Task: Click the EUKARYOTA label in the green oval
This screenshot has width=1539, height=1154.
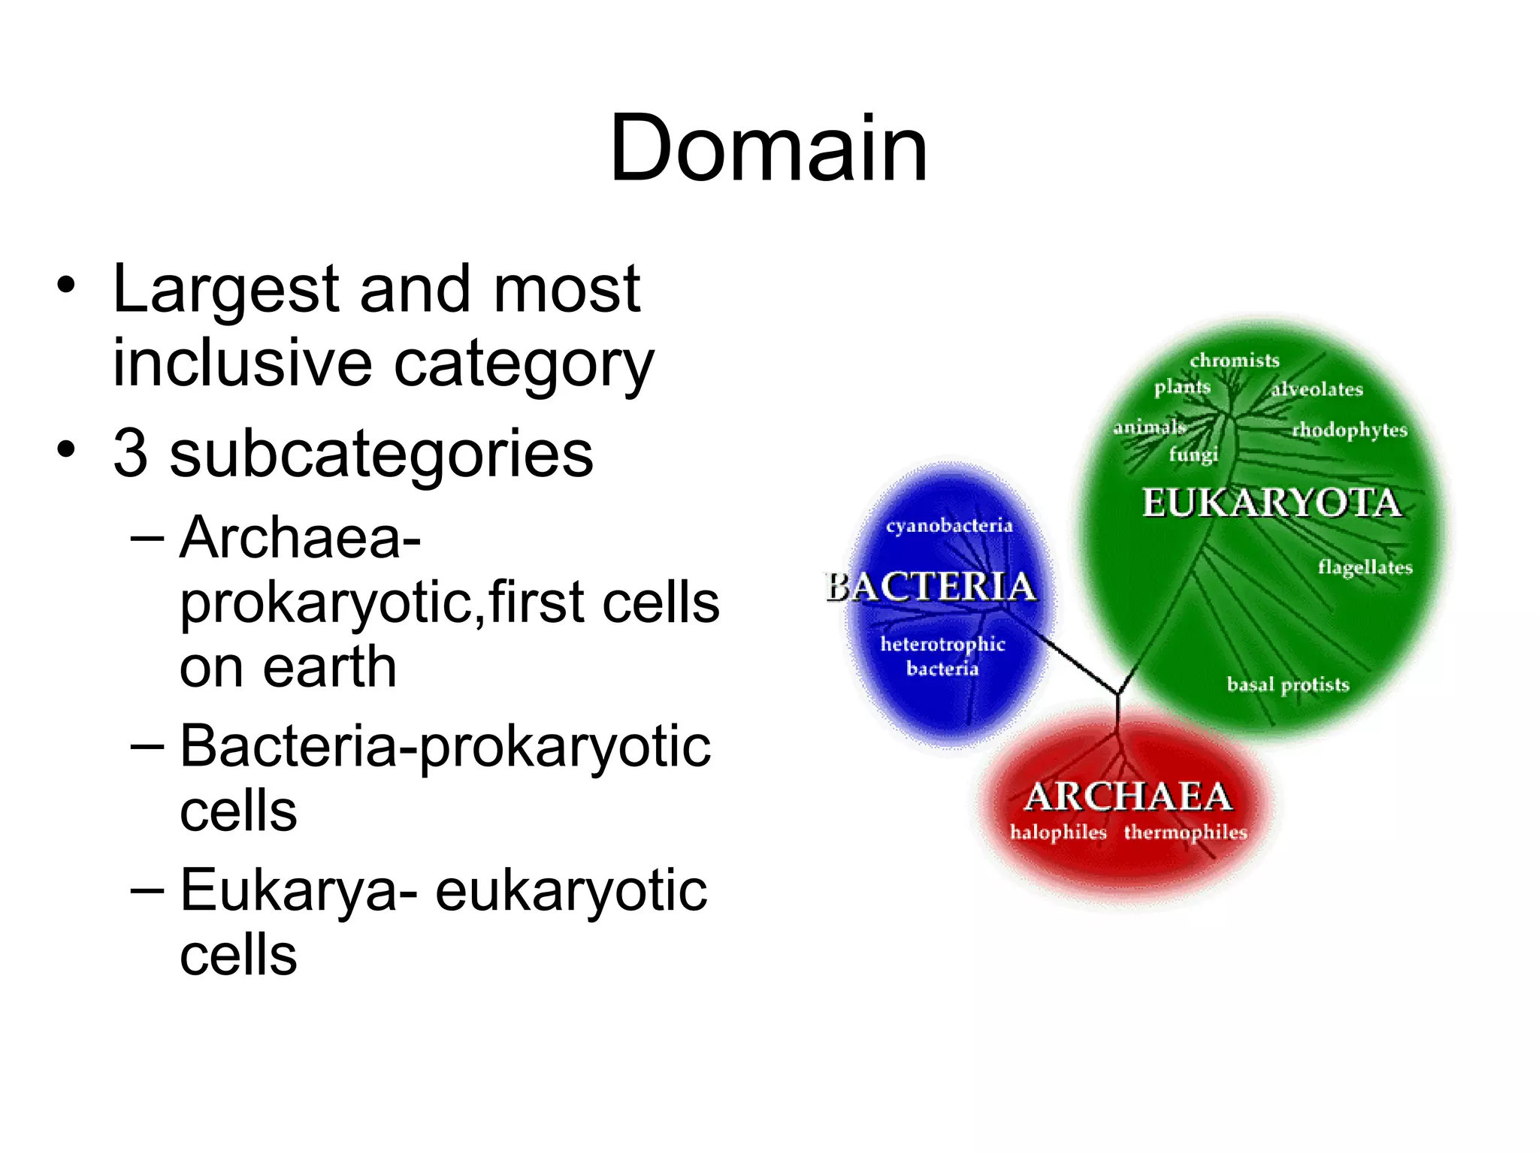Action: click(1271, 503)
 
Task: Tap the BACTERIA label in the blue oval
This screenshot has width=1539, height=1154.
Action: click(932, 587)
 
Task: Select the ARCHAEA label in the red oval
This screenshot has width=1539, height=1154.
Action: click(1128, 796)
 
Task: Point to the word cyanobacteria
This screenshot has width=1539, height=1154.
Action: click(949, 526)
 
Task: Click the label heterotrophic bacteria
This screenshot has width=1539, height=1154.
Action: click(942, 656)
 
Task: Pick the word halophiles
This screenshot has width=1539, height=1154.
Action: click(1058, 832)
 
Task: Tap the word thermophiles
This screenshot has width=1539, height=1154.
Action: click(1185, 832)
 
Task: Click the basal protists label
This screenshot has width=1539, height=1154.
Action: click(1288, 684)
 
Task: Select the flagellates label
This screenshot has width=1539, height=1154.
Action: click(1365, 567)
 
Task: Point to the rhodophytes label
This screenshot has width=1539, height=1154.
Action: click(1350, 430)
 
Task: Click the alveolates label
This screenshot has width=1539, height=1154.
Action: click(1317, 389)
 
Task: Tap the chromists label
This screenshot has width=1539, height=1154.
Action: click(1234, 361)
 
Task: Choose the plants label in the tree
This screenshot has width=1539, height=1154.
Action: click(1182, 387)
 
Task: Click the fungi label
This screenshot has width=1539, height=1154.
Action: click(1193, 455)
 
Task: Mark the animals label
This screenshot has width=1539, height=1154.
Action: click(1149, 427)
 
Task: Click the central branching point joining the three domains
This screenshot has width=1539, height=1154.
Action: click(1117, 693)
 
